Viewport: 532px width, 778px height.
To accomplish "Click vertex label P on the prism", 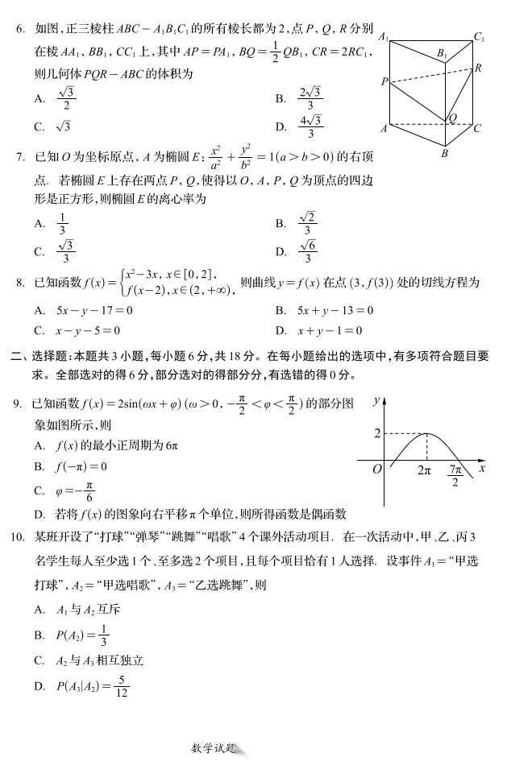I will point(385,81).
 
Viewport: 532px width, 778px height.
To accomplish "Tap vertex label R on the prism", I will point(478,68).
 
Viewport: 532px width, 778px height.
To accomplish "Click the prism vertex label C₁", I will point(479,37).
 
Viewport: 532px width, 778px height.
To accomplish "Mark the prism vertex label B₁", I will point(442,53).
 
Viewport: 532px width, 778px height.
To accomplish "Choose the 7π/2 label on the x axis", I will point(455,475).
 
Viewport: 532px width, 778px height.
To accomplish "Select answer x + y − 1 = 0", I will point(330,330).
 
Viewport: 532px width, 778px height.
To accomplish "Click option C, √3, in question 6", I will point(64,126).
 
